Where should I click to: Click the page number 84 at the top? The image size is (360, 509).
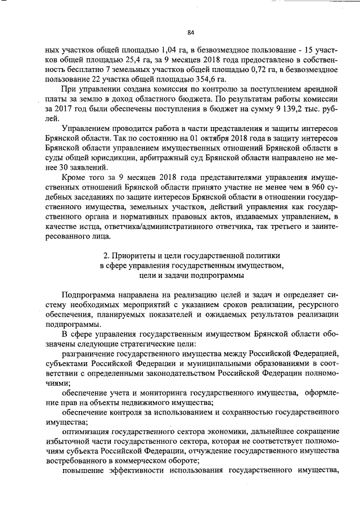point(191,32)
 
